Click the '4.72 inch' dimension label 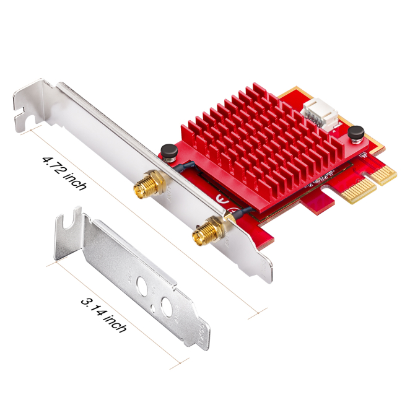(64, 173)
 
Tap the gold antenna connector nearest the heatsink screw (149, 185)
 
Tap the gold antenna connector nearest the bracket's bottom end (208, 230)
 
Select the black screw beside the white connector (356, 134)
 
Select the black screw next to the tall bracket (169, 152)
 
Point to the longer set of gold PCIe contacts (359, 188)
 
